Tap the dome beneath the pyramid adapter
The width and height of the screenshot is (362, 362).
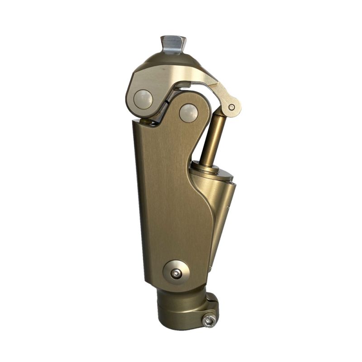[x=172, y=60]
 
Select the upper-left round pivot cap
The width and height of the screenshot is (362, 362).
[x=143, y=98]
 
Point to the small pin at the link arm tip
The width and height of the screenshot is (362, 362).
[x=231, y=107]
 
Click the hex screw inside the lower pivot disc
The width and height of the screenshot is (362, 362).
[x=176, y=273]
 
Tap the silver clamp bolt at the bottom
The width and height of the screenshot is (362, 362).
[x=209, y=320]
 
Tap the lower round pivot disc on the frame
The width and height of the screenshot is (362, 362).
[x=176, y=271]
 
